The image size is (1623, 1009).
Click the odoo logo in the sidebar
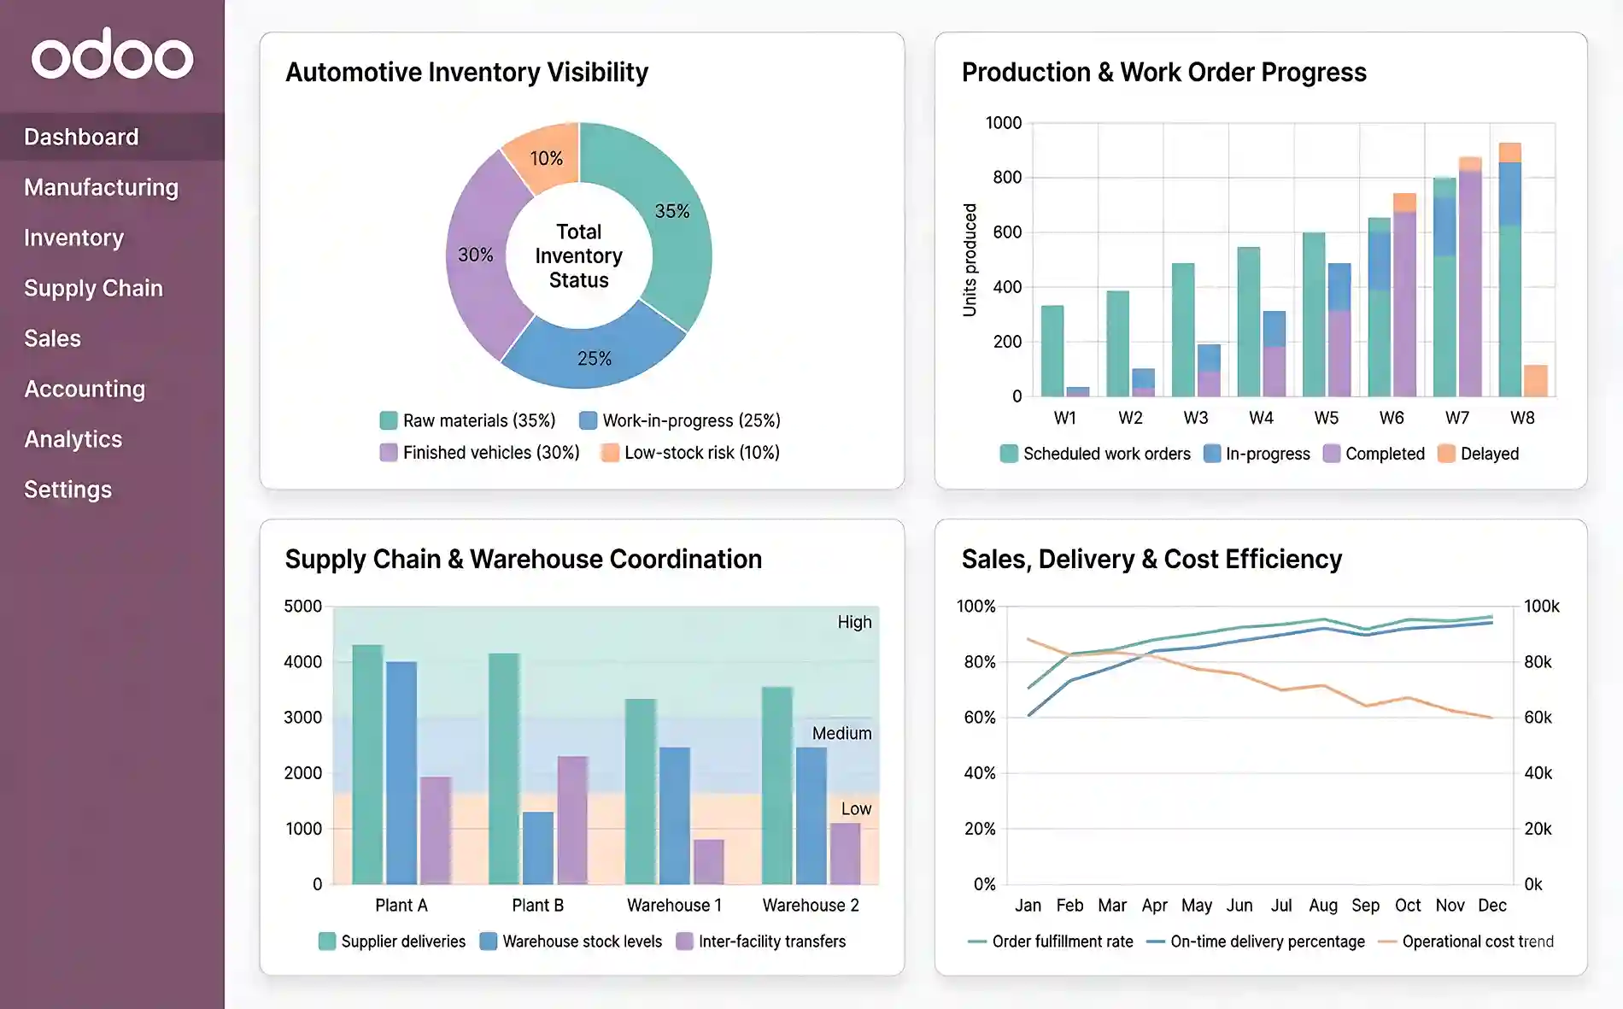point(112,55)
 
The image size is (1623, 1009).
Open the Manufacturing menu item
point(101,187)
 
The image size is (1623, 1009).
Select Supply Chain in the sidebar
point(93,288)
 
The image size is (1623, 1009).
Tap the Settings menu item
point(67,490)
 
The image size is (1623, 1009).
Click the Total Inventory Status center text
point(578,255)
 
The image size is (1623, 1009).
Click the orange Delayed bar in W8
point(1535,381)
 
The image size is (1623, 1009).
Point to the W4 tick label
point(1261,418)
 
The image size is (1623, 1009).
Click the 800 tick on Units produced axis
point(1006,178)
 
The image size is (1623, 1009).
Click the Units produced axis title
point(970,260)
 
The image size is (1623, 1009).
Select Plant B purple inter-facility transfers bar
point(572,820)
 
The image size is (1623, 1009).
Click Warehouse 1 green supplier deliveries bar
point(641,791)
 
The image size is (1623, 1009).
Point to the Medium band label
point(841,733)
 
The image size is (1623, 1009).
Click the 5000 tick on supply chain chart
point(302,607)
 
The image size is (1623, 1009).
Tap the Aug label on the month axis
point(1322,905)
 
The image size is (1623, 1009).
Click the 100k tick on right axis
point(1541,607)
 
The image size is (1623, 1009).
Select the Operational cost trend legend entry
point(1477,942)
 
